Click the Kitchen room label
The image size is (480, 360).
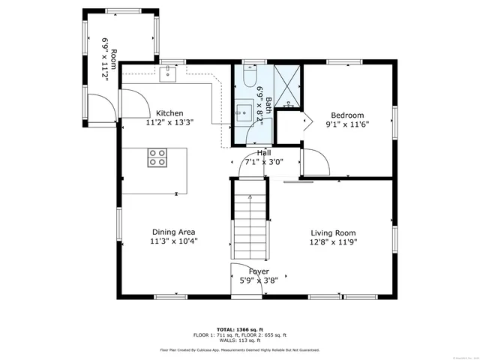169,113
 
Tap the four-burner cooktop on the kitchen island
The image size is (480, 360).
157,157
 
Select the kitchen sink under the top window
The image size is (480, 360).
166,73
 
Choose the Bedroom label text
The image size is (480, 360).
347,115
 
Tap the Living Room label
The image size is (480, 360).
334,232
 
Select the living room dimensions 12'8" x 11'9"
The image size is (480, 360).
334,242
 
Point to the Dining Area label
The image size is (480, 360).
173,232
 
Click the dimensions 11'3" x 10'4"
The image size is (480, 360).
173,241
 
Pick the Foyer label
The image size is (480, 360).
253,271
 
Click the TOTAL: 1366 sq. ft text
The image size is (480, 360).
239,329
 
